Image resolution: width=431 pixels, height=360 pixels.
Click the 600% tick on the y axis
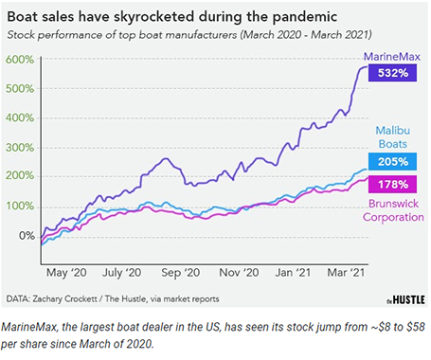tap(21, 60)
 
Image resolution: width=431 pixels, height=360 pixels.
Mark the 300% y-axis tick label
tap(21, 147)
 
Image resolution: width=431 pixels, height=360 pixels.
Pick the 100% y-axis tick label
tap(21, 206)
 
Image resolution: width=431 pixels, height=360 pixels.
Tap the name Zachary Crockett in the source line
tap(81, 298)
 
